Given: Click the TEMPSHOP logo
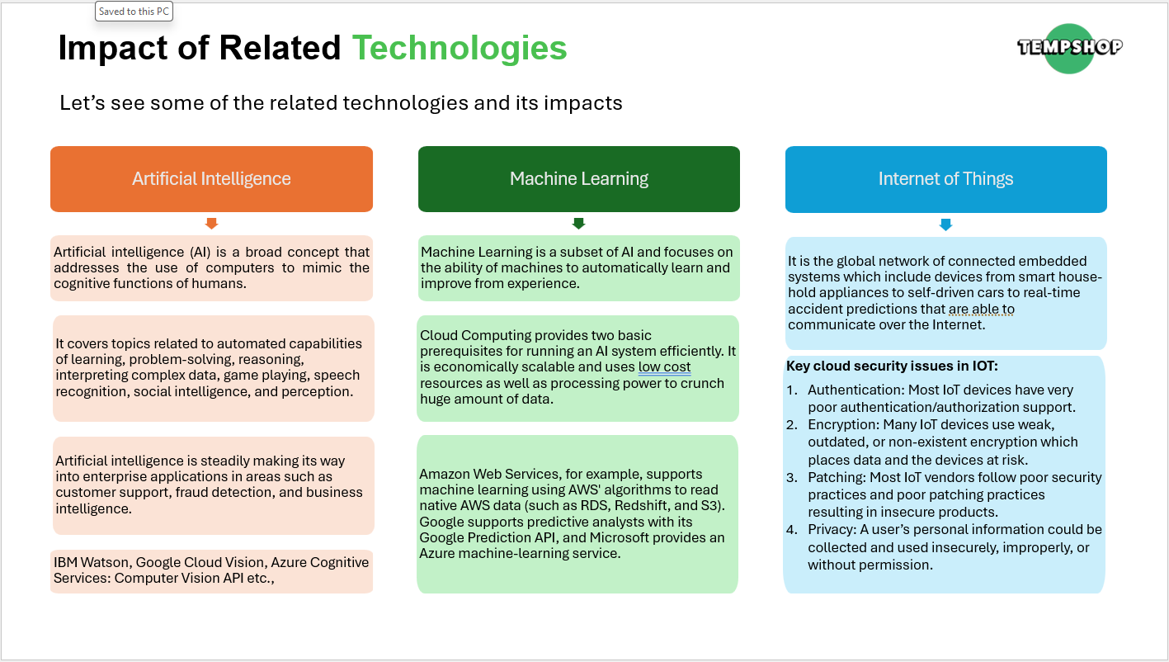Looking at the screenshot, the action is (x=1069, y=48).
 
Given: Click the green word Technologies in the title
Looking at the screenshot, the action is (x=460, y=48).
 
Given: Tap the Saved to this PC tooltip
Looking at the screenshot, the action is (x=134, y=12).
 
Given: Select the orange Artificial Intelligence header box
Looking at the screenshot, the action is (x=211, y=179).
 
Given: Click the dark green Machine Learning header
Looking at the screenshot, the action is (x=579, y=179).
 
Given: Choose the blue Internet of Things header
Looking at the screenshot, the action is (x=945, y=179).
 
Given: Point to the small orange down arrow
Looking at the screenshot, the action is (x=211, y=224).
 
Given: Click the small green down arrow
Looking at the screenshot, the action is (x=579, y=224).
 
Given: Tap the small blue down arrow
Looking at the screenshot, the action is (x=945, y=225).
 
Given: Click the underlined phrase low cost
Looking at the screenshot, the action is (x=664, y=366).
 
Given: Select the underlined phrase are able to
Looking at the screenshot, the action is (x=981, y=309).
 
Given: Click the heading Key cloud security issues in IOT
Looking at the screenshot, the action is (x=892, y=366).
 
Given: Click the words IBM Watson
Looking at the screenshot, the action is (x=92, y=562).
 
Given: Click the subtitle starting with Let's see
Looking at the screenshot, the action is (x=341, y=103).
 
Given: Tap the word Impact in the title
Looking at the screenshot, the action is (x=113, y=48).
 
